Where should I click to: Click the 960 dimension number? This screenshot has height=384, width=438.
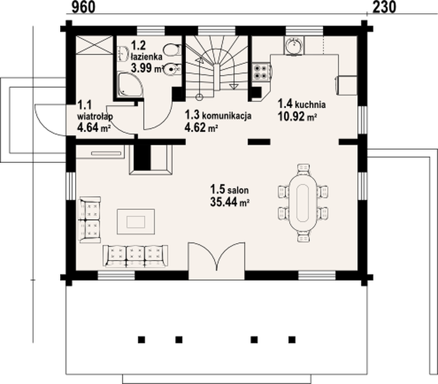tap(83, 7)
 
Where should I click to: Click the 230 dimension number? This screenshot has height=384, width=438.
tap(384, 7)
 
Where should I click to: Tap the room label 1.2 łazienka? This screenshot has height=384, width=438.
tap(146, 51)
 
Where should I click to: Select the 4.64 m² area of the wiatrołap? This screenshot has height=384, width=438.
tap(94, 128)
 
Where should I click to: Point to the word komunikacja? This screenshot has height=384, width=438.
tap(227, 115)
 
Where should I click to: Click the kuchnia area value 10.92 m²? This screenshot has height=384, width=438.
tap(297, 117)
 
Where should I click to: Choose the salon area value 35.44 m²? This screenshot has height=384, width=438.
tap(230, 202)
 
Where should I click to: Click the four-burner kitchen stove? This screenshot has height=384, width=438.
tap(262, 72)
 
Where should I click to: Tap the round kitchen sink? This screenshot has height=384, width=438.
tap(293, 45)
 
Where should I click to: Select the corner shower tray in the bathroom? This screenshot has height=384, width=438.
tap(130, 85)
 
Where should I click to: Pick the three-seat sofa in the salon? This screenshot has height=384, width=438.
tap(135, 256)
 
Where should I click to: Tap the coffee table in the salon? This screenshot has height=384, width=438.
tap(136, 222)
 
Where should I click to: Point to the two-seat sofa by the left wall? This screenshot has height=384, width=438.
tap(90, 220)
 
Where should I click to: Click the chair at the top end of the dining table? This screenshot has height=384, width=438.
tap(303, 169)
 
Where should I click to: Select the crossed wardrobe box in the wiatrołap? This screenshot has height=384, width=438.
tap(94, 44)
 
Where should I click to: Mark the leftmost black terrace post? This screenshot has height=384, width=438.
tap(141, 340)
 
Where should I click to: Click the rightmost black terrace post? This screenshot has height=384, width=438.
tap(292, 340)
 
